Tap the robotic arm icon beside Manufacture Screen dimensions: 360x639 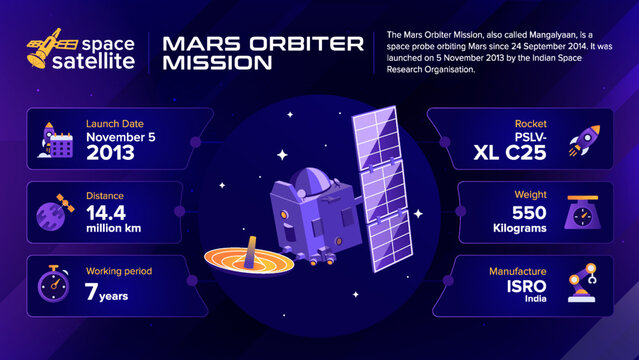click(x=584, y=284)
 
